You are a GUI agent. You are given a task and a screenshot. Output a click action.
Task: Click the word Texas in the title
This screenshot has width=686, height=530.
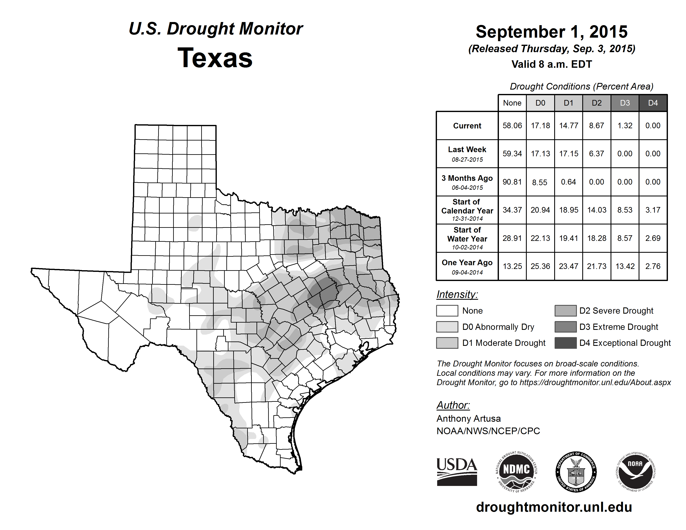click(x=215, y=58)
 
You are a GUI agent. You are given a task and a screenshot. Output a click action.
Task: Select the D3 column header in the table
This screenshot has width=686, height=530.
click(x=625, y=103)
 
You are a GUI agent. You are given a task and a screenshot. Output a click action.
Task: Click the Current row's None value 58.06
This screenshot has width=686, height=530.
click(x=512, y=126)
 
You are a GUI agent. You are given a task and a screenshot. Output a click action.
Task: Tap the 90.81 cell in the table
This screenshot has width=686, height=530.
click(x=512, y=182)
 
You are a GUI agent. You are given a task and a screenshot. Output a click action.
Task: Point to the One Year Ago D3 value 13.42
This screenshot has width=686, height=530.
click(x=625, y=266)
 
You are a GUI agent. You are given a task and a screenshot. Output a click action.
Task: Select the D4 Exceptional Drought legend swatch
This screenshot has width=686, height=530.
click(x=565, y=343)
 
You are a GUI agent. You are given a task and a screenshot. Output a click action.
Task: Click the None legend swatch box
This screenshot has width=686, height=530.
click(x=447, y=311)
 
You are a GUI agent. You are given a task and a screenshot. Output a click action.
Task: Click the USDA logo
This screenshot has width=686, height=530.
click(x=457, y=472)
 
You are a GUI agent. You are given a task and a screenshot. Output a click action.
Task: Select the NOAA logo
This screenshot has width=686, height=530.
click(x=635, y=472)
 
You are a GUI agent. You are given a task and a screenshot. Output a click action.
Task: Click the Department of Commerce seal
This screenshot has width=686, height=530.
click(x=576, y=472)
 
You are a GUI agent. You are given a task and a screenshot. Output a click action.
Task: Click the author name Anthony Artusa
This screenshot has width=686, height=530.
click(x=468, y=419)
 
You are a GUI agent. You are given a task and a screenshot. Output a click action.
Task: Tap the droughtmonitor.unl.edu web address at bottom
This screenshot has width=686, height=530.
click(x=554, y=507)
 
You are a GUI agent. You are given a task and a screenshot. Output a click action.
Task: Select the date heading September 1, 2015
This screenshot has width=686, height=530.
click(x=552, y=32)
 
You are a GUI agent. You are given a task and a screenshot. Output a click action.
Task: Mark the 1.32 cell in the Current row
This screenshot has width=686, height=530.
click(x=625, y=126)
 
